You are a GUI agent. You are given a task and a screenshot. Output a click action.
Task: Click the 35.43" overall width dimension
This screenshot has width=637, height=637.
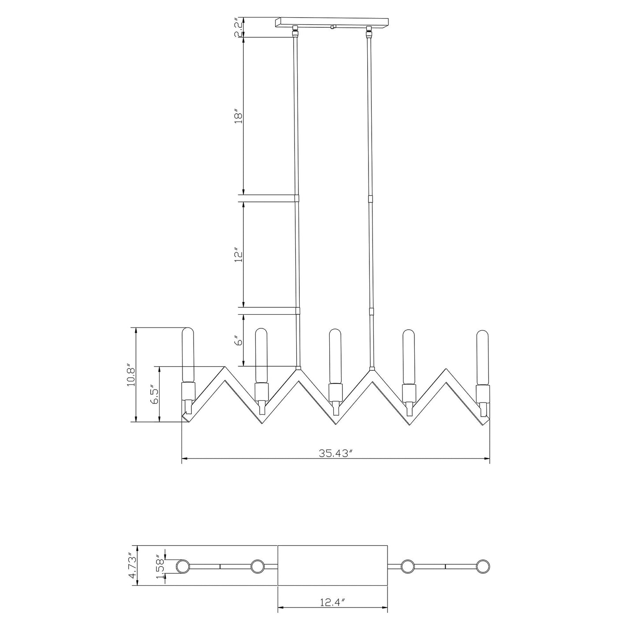[x=334, y=453]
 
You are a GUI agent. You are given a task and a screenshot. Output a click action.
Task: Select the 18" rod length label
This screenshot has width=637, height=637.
[x=238, y=118]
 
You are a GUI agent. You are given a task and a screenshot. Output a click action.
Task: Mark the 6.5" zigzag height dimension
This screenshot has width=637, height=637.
[x=154, y=394]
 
